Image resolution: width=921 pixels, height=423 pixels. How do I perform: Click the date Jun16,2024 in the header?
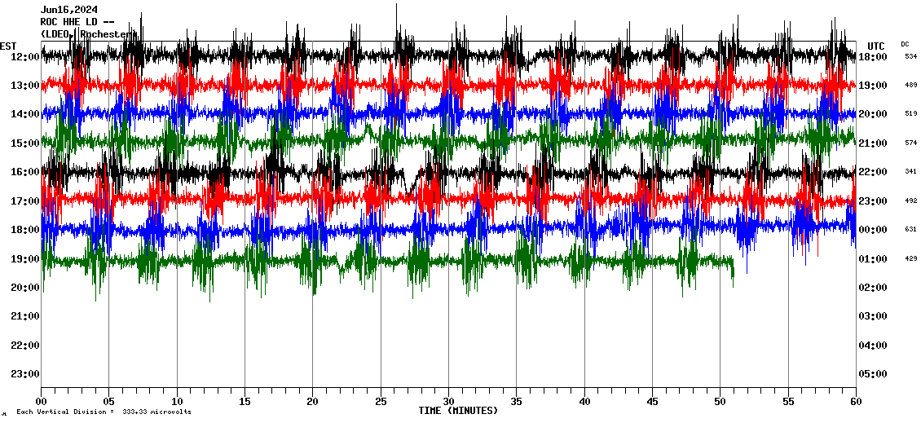(x=69, y=10)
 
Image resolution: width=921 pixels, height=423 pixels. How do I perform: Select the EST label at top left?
(x=8, y=46)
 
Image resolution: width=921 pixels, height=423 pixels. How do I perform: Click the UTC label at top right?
(x=876, y=46)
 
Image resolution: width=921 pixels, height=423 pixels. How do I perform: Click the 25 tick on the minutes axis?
(x=381, y=402)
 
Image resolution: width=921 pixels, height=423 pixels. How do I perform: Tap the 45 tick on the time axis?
(x=652, y=402)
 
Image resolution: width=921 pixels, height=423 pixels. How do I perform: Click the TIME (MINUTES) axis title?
(x=458, y=411)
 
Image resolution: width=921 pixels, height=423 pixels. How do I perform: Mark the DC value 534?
(x=910, y=57)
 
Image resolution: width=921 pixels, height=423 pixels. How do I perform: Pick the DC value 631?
(x=910, y=230)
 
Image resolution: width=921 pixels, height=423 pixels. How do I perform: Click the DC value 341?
(x=910, y=172)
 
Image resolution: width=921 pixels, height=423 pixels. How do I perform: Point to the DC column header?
(x=905, y=44)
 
